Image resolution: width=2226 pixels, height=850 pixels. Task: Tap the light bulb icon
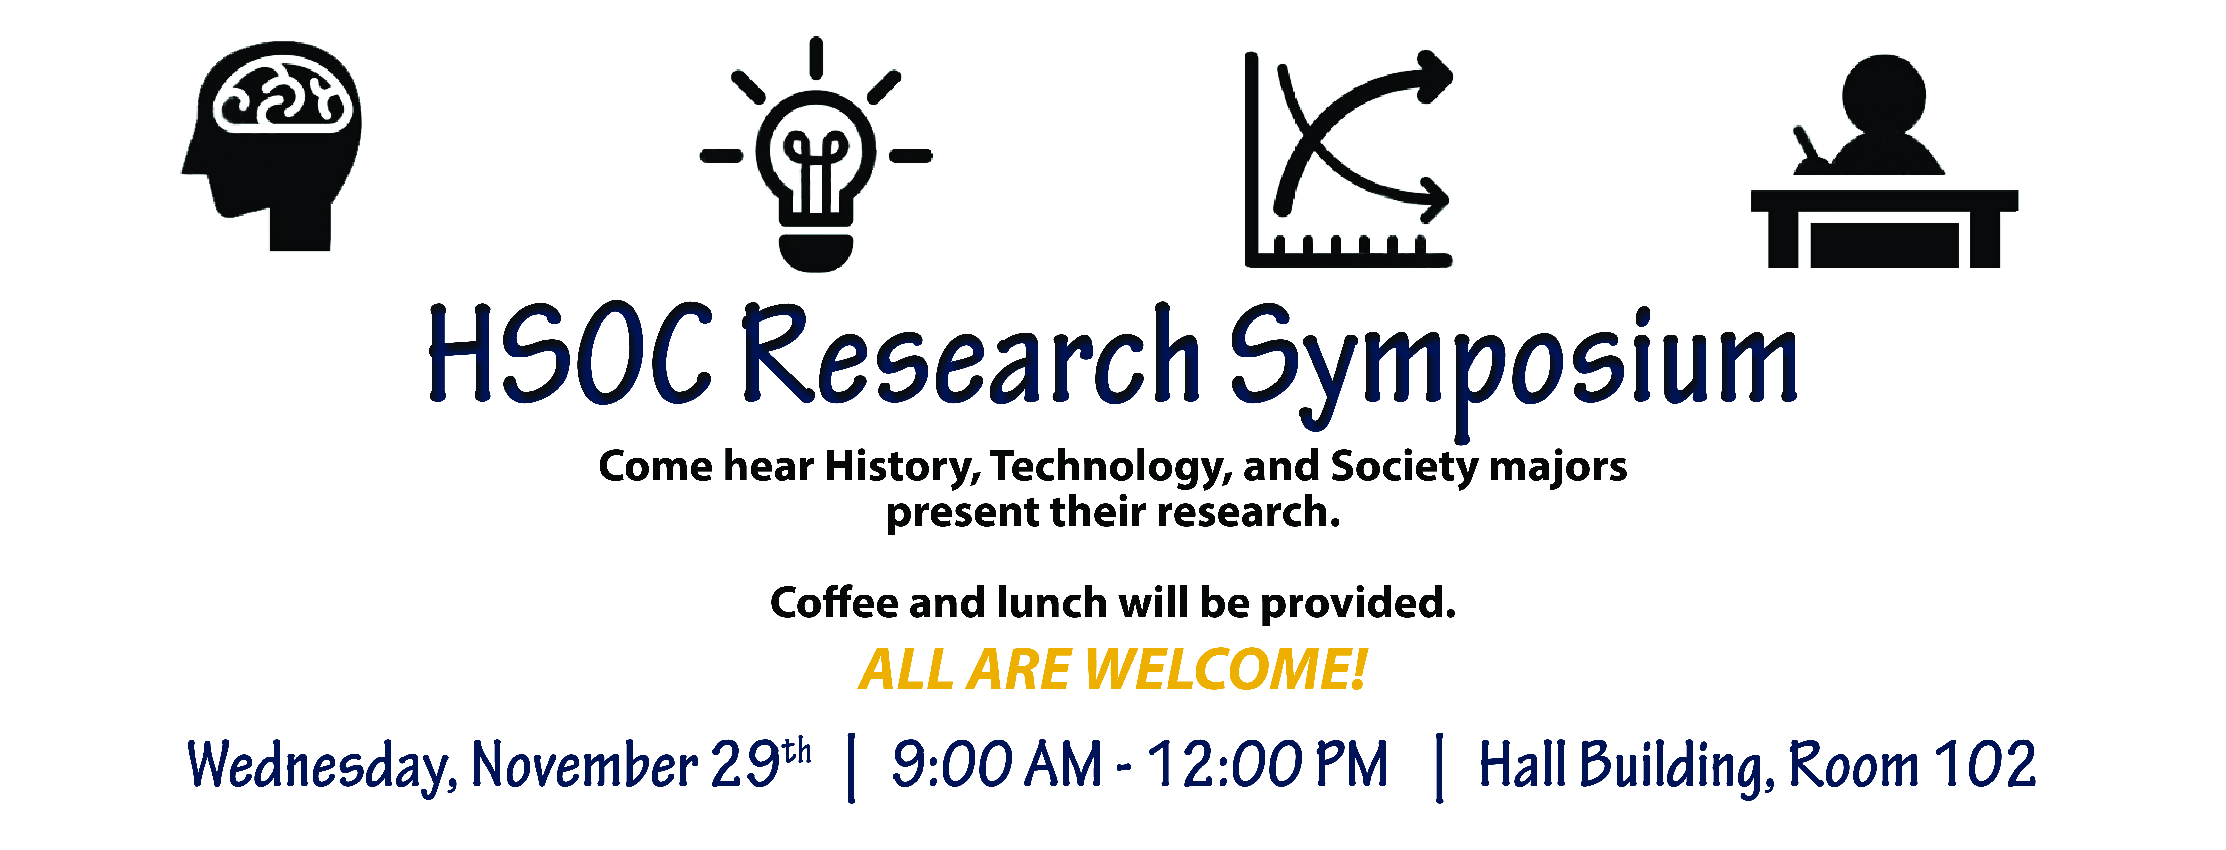click(816, 155)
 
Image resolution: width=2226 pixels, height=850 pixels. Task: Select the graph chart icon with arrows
click(1348, 160)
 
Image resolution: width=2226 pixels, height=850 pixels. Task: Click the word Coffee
click(834, 602)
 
